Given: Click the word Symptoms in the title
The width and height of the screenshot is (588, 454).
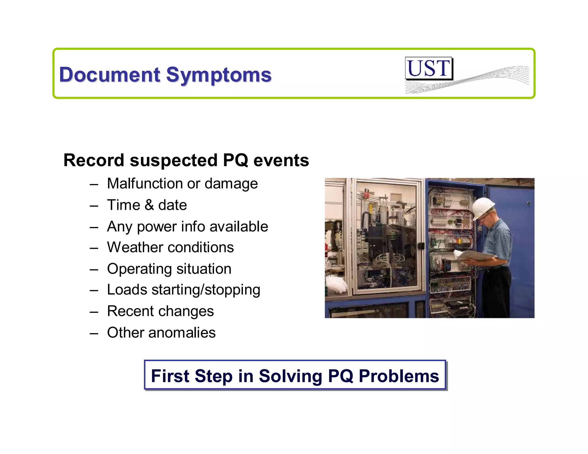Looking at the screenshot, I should (219, 75).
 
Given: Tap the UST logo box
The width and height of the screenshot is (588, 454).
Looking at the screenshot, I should (428, 68).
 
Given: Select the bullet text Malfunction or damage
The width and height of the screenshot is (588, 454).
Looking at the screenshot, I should (182, 184).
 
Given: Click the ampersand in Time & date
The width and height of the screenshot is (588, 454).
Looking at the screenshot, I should (149, 205).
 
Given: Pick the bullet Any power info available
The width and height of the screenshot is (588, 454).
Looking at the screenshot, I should (187, 227).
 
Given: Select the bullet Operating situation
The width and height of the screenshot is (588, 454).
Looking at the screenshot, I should (169, 269).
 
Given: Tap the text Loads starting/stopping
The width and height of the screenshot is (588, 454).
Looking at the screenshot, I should (183, 290).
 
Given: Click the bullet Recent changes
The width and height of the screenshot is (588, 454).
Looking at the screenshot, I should (160, 311).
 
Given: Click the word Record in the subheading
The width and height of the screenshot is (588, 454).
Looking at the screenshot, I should (94, 160).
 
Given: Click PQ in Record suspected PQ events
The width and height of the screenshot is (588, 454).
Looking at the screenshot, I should (235, 160).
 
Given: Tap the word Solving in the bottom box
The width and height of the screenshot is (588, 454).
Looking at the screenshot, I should (290, 376).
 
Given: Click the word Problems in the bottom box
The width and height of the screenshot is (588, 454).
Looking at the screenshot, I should (399, 376).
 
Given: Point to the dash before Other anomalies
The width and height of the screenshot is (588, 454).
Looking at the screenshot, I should (94, 333).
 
